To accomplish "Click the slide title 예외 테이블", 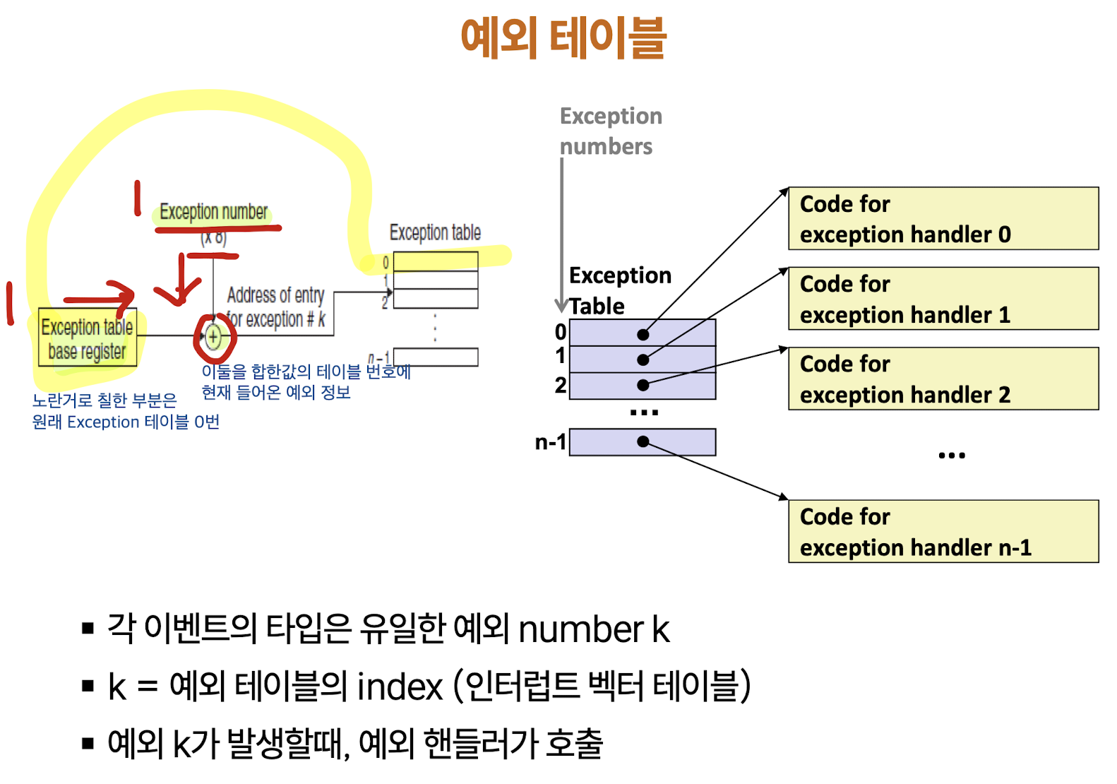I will pyautogui.click(x=563, y=38).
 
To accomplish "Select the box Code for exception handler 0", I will pyautogui.click(x=943, y=219).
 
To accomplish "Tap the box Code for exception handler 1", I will pyautogui.click(x=943, y=299).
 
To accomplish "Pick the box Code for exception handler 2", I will pyautogui.click(x=943, y=379).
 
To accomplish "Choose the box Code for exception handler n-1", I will pyautogui.click(x=943, y=532).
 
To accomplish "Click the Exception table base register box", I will pyautogui.click(x=87, y=339).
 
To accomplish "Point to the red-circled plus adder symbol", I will pyautogui.click(x=213, y=338).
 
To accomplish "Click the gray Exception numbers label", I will pyautogui.click(x=611, y=131).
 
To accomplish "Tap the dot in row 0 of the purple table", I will pyautogui.click(x=643, y=334).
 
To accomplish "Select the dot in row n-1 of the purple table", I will pyautogui.click(x=643, y=441).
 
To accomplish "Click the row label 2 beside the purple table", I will pyautogui.click(x=560, y=385).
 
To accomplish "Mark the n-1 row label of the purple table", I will pyautogui.click(x=550, y=443).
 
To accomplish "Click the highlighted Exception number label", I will pyautogui.click(x=213, y=212).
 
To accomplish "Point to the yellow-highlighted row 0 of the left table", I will pyautogui.click(x=435, y=262).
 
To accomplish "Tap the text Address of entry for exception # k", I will pyautogui.click(x=276, y=307).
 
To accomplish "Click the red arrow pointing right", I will pyautogui.click(x=99, y=295).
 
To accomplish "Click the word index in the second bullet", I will pyautogui.click(x=400, y=687).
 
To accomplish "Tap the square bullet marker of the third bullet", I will pyautogui.click(x=88, y=743).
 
